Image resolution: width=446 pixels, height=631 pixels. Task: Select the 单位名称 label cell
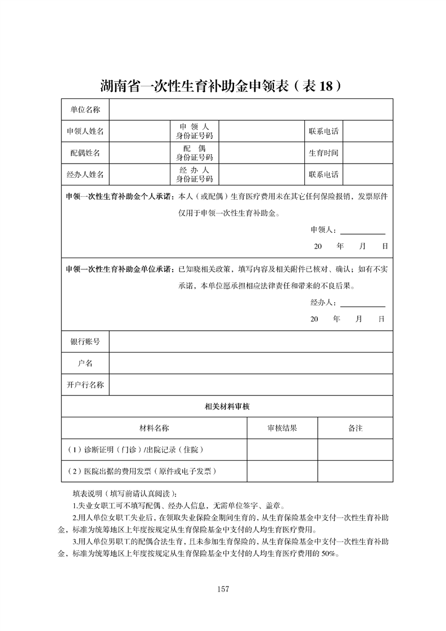(85, 109)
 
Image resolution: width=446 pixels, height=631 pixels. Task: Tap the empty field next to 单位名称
(251, 109)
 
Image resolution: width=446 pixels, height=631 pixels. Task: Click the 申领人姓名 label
(85, 131)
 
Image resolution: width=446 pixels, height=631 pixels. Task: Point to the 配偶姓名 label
(85, 153)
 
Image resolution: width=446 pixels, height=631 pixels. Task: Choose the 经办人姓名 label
(85, 174)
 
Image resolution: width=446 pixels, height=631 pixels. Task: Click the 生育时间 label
(323, 153)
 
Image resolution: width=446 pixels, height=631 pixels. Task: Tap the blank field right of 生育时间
(367, 153)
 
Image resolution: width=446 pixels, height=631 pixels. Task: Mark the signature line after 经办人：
(363, 304)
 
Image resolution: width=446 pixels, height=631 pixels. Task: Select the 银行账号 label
(85, 341)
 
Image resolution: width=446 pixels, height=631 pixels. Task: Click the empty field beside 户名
(251, 363)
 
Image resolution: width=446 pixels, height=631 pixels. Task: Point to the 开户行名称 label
(85, 385)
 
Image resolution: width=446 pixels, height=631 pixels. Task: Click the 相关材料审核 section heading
(227, 406)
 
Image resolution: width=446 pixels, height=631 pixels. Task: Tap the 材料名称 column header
(154, 428)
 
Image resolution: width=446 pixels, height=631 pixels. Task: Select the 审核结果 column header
(282, 428)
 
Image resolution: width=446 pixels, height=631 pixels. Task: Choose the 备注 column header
(355, 428)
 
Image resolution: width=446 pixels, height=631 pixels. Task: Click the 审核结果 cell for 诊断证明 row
(282, 450)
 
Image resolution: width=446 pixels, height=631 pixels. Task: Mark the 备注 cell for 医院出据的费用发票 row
(355, 471)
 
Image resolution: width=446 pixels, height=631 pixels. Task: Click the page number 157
(223, 589)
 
